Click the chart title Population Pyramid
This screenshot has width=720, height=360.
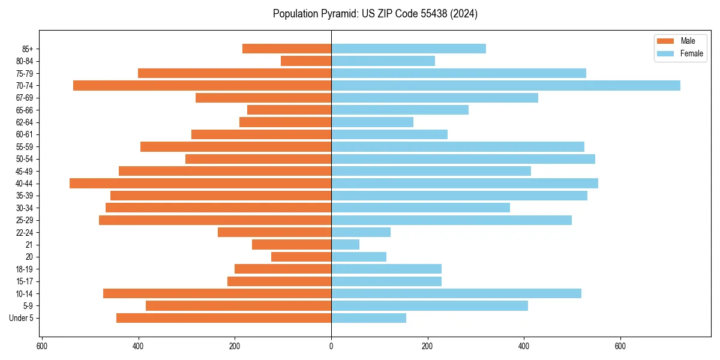[375, 14]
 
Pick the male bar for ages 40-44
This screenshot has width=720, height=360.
[200, 184]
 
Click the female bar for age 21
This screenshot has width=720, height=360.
[345, 245]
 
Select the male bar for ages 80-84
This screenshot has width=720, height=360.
[306, 61]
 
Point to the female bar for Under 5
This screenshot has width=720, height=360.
[368, 318]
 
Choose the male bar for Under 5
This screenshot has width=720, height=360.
[224, 318]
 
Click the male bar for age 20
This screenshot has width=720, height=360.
[301, 257]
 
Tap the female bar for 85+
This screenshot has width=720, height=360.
[408, 49]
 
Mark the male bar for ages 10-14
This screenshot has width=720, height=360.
[217, 293]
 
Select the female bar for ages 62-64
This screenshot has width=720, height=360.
[372, 122]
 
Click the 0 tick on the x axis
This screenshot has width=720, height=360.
[331, 346]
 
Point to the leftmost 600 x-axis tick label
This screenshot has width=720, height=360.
[42, 346]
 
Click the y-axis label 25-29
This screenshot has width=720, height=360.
[25, 220]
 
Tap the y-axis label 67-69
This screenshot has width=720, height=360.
[25, 98]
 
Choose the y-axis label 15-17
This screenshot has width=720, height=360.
[25, 281]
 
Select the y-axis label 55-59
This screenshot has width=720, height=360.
[25, 147]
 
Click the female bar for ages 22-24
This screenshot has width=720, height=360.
[361, 232]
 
